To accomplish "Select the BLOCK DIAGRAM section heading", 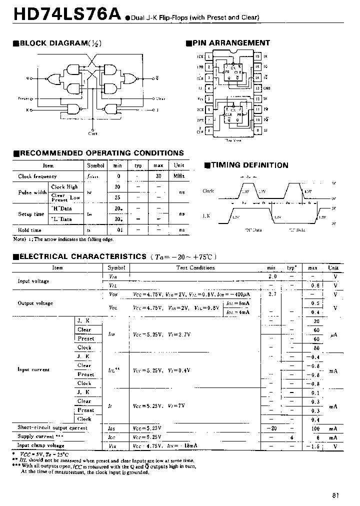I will click(57, 43).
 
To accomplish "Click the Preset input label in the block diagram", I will click(23, 99).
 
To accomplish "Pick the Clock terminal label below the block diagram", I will click(93, 133).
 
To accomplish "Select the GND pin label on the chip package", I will click(266, 88).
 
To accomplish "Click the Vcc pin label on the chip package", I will click(200, 99).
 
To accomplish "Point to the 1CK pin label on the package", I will click(199, 56).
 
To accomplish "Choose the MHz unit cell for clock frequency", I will click(179, 176).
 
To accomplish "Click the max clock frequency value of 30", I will click(158, 176).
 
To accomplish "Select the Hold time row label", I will click(30, 230).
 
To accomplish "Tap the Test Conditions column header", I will click(195, 268).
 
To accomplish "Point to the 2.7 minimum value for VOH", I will click(272, 294).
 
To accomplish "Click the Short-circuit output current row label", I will click(52, 428).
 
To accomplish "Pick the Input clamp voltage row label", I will click(41, 445).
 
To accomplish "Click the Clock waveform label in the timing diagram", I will click(208, 191).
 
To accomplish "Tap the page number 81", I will click(335, 495).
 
